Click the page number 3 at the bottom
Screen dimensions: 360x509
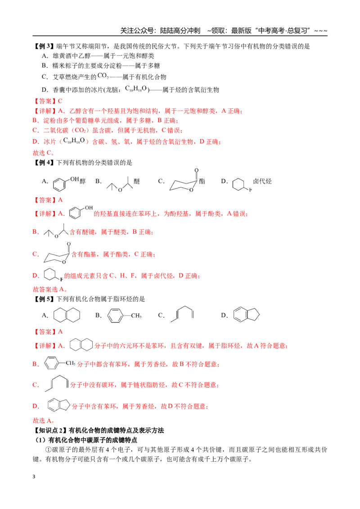click(34, 477)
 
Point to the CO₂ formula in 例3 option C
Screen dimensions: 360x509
click(103, 76)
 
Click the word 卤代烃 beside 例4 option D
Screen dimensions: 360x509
click(262, 181)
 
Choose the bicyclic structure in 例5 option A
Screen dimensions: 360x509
click(67, 315)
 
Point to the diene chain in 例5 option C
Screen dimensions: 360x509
click(182, 314)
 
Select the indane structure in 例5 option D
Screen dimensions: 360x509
click(247, 315)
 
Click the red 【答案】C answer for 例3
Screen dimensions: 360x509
click(48, 101)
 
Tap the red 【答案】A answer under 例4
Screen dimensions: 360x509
click(48, 200)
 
